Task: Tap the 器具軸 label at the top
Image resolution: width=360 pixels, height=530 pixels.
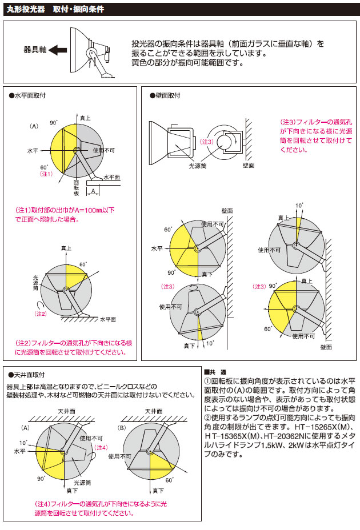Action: (34, 50)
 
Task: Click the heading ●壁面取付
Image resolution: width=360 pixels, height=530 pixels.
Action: (165, 95)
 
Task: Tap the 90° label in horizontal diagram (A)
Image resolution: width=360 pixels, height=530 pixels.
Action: (53, 122)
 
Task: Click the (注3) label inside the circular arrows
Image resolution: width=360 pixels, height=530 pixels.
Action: (208, 141)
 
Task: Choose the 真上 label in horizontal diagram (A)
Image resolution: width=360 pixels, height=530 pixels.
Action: (85, 117)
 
